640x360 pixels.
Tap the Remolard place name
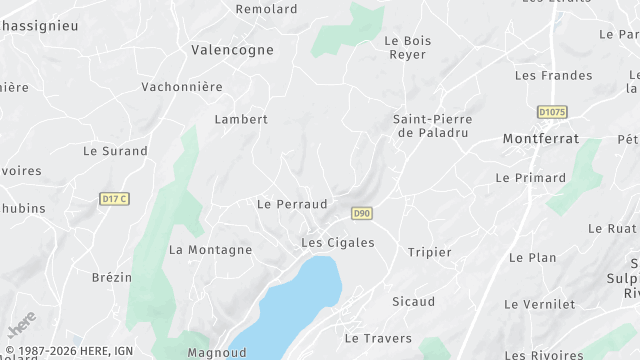(266, 9)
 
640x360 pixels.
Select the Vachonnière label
(182, 87)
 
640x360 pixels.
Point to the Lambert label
(241, 119)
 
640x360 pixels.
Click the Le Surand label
(115, 152)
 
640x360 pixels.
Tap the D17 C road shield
(115, 199)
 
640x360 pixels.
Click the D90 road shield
(362, 213)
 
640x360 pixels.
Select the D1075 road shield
(552, 112)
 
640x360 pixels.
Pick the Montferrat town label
(541, 139)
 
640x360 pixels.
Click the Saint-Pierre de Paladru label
(433, 125)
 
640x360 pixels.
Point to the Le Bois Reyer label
(406, 49)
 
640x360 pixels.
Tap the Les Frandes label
(553, 75)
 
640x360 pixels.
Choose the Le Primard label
(530, 178)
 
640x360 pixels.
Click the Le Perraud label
(292, 204)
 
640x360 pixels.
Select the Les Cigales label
(338, 243)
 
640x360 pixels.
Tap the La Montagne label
(210, 250)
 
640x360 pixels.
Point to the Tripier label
(430, 252)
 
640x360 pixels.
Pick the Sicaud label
(413, 302)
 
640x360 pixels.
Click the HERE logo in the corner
(21, 325)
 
